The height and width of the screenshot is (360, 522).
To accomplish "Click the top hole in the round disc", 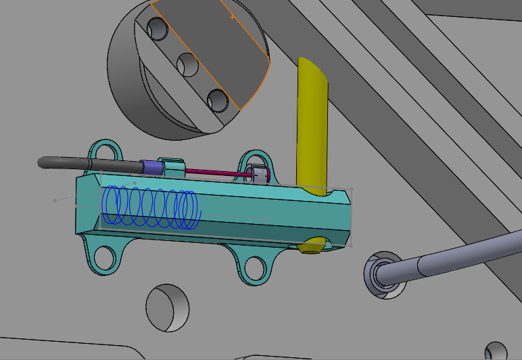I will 158,28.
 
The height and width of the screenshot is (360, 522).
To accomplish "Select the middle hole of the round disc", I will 187,64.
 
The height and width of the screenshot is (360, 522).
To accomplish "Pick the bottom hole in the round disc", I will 218,100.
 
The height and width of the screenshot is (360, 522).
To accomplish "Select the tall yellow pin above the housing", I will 312,122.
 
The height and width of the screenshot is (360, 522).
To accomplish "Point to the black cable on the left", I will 81,164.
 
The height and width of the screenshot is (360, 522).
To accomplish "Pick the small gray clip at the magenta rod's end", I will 258,175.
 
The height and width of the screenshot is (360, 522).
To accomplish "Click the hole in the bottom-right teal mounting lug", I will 255,266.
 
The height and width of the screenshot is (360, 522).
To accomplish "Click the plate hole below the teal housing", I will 166,307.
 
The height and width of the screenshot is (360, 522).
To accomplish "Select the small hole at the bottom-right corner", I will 496,351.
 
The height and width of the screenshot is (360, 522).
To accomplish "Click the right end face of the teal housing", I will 342,218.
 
